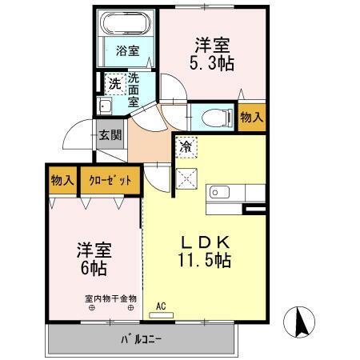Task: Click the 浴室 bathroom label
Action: [126, 50]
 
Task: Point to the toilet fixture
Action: [214, 116]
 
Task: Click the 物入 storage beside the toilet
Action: [251, 117]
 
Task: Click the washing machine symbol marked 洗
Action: [114, 82]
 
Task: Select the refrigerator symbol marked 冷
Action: [186, 146]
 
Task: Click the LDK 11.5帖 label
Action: [204, 249]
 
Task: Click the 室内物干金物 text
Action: [111, 298]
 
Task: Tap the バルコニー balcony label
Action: [142, 338]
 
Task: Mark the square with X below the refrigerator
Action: [186, 178]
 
